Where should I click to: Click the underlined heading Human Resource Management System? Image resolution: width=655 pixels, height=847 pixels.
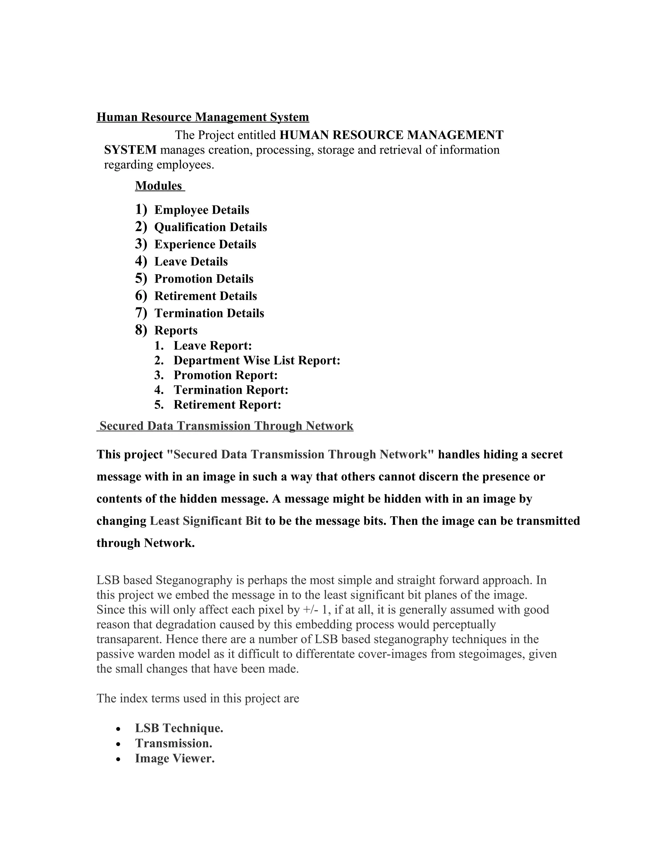coord(202,117)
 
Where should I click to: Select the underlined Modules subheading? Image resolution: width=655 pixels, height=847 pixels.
coord(159,186)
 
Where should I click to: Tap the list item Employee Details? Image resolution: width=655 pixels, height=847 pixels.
coord(201,210)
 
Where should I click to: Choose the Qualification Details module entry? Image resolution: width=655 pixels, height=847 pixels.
coord(210,227)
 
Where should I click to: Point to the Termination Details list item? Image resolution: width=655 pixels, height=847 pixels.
coord(209,313)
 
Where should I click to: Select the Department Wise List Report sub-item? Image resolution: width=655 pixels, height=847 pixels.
coord(256,361)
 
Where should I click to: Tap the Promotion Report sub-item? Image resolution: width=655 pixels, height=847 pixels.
coord(225,376)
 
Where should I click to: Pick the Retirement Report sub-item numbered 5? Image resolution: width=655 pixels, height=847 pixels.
coord(227,405)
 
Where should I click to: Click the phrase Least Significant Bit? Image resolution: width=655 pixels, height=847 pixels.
coord(206,521)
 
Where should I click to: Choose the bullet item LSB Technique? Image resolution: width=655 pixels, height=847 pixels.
coord(179,728)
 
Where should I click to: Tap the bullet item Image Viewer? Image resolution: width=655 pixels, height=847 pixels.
coord(175,758)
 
